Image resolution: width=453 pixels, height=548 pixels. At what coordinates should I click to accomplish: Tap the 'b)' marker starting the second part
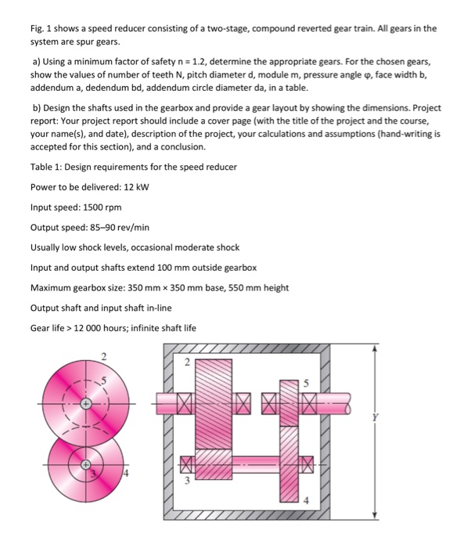click(36, 107)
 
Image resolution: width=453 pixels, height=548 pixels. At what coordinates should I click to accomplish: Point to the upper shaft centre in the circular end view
click(86, 404)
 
